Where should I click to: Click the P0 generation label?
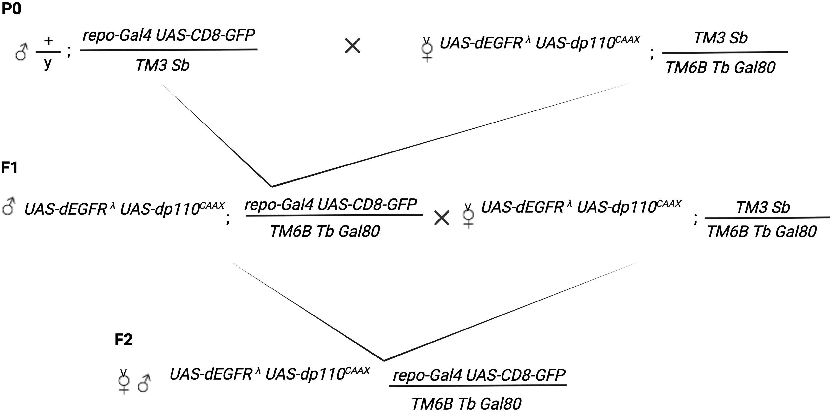click(x=11, y=9)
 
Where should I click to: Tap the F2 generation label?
click(x=123, y=340)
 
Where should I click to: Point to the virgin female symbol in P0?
click(x=427, y=50)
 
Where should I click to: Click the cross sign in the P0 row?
click(x=353, y=46)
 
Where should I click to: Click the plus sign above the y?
click(x=48, y=41)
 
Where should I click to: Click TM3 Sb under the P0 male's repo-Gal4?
click(x=162, y=66)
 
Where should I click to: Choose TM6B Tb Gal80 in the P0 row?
click(x=720, y=68)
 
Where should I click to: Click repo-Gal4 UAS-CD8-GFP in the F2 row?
click(x=479, y=375)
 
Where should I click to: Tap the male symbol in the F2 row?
click(x=144, y=384)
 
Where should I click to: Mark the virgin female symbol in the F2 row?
click(x=124, y=382)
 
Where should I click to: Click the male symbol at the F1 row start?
click(x=8, y=207)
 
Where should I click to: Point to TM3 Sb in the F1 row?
click(x=763, y=207)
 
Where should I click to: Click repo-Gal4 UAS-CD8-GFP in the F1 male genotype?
click(x=331, y=205)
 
